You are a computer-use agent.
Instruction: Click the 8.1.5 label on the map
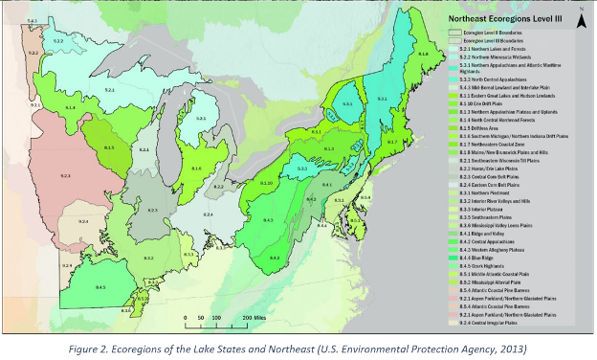tap(109, 148)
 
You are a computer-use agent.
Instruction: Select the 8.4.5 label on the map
tap(100, 287)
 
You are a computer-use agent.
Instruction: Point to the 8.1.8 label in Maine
tap(423, 56)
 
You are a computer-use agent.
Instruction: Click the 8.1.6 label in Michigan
tap(195, 169)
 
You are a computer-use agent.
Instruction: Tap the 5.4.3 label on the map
tap(32, 20)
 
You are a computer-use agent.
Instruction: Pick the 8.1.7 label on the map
tap(392, 142)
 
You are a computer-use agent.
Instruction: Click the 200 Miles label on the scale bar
tap(254, 315)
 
